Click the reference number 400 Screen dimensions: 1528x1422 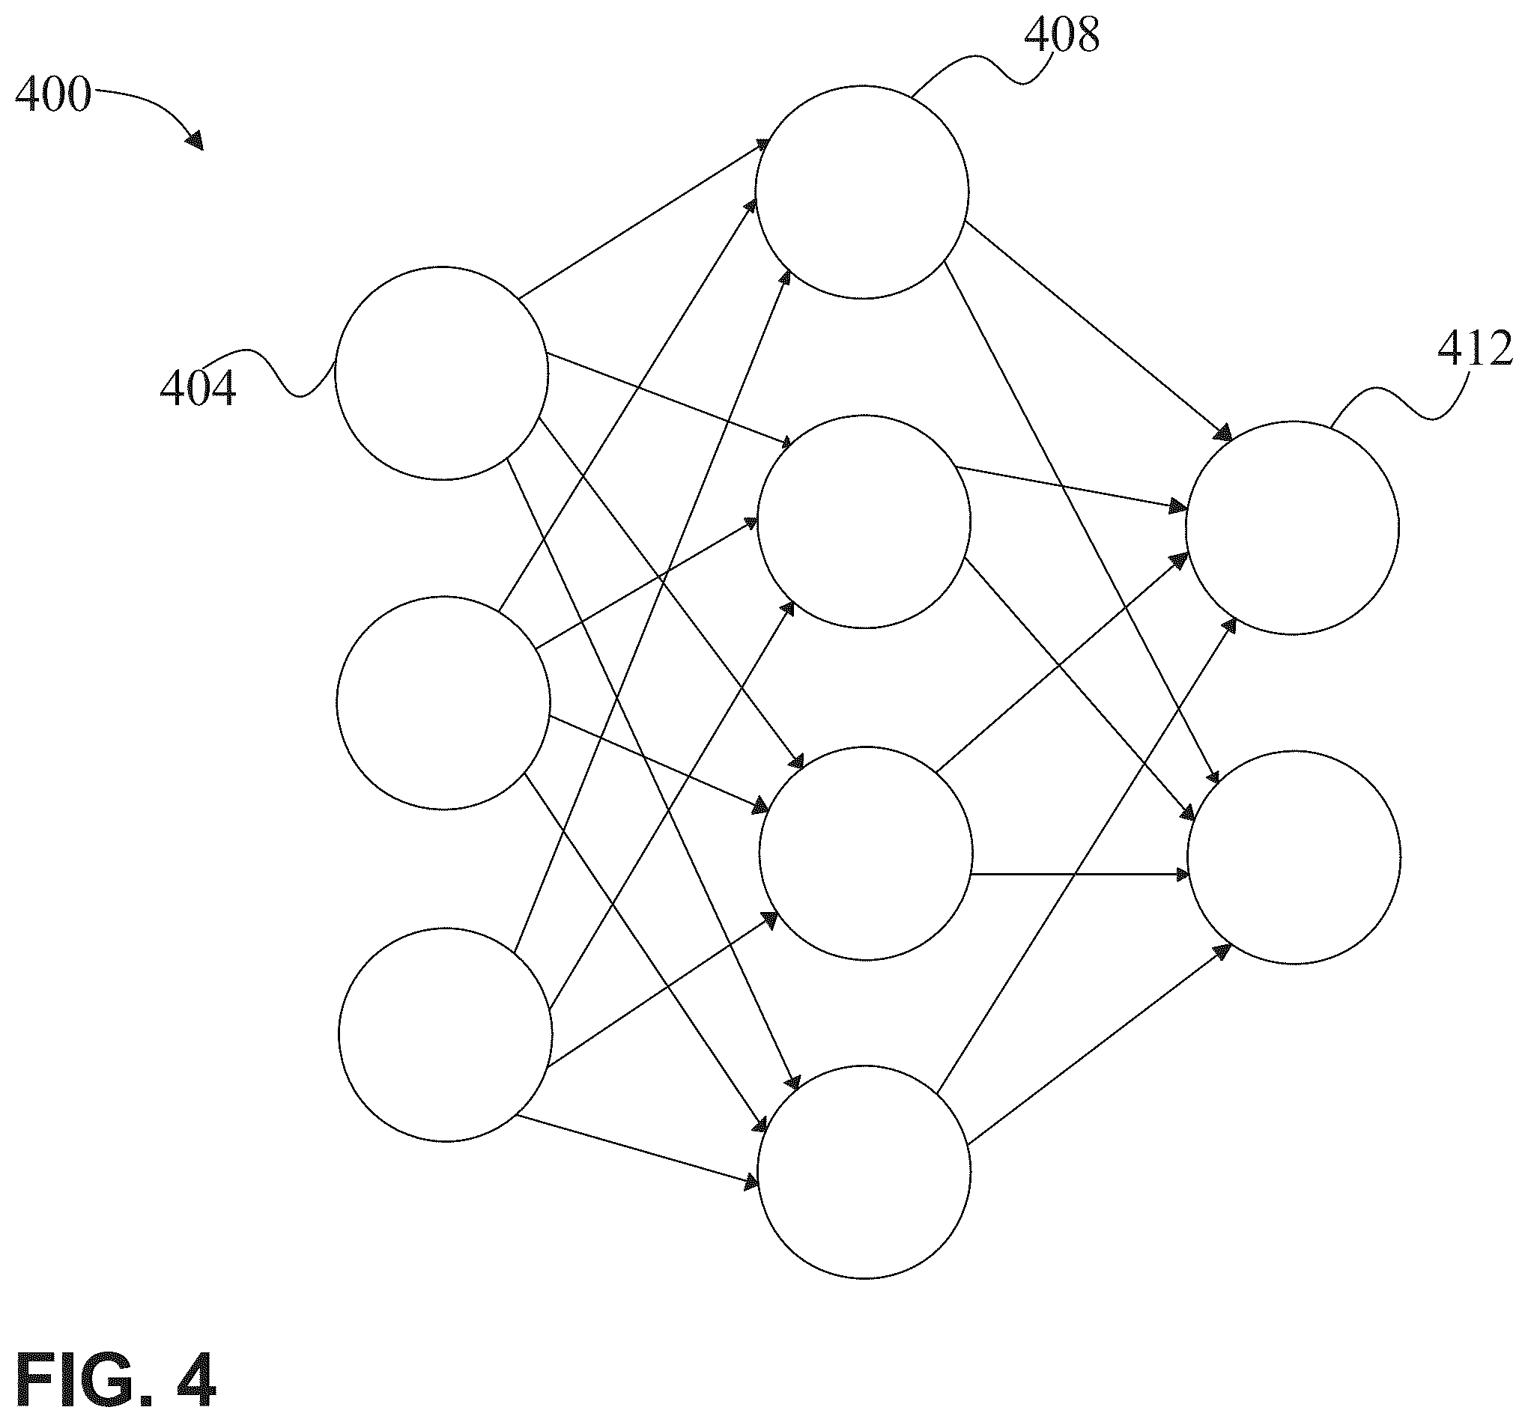coord(53,95)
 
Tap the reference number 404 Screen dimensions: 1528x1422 coord(198,387)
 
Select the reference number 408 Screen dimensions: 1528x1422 coord(1062,34)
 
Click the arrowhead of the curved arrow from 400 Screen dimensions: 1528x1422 coord(195,140)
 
